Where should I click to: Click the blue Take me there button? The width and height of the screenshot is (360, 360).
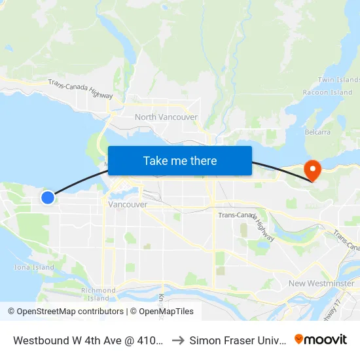(180, 160)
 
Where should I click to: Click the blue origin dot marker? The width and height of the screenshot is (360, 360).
(48, 197)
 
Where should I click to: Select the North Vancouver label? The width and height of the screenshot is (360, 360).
(166, 117)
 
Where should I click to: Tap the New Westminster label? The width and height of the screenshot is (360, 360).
(321, 283)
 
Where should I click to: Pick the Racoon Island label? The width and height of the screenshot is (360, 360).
(327, 93)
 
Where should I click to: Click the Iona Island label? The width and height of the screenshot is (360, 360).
(34, 267)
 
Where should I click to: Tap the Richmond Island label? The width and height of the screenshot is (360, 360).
(98, 294)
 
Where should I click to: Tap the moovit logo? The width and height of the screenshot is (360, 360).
(321, 340)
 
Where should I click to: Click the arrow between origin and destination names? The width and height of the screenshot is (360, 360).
(177, 340)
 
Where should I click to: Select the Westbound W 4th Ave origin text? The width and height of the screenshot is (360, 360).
(88, 340)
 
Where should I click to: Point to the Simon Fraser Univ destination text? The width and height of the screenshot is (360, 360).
(237, 340)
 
